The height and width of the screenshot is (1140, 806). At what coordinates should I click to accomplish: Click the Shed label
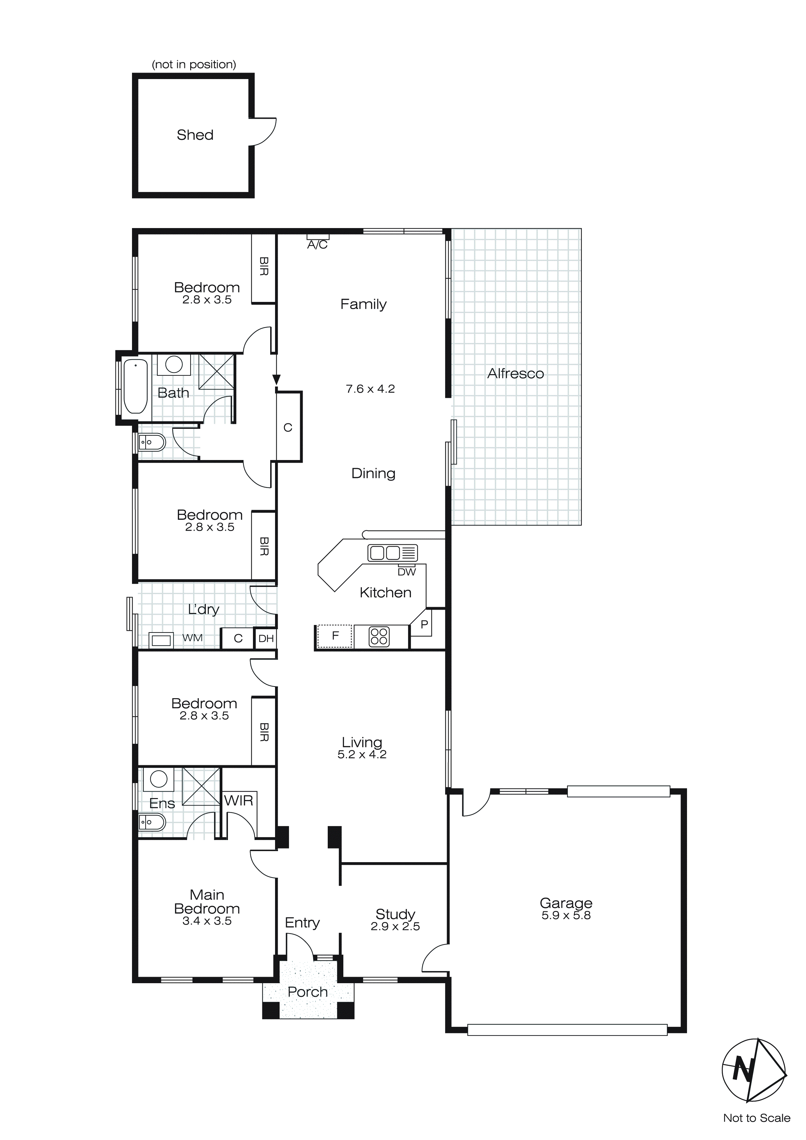pos(195,135)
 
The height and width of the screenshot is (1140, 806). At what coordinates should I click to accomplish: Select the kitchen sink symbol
pos(392,553)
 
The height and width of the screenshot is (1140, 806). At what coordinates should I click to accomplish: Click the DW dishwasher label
pos(406,572)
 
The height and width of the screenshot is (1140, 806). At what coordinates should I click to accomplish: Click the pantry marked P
pos(424,625)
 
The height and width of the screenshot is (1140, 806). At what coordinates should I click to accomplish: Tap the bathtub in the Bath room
pos(136,386)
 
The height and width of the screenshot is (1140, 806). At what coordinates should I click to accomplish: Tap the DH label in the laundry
pos(266,639)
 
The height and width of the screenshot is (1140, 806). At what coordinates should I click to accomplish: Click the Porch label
pos(308,992)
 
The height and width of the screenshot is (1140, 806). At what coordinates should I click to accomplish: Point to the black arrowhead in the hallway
pos(276,380)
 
